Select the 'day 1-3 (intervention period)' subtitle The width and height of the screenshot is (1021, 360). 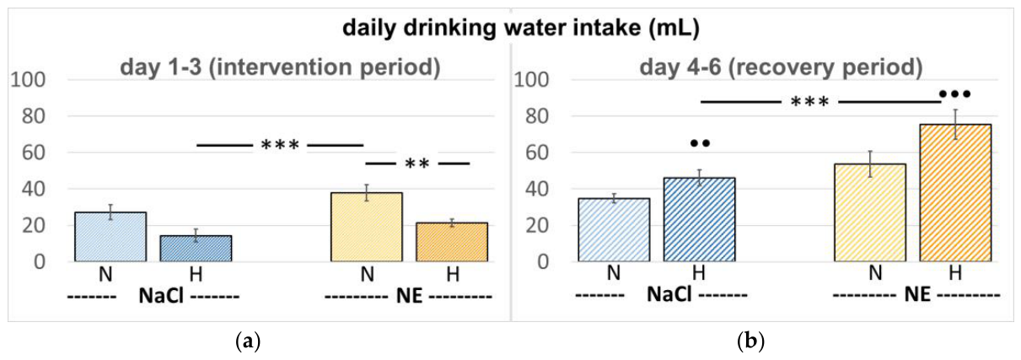point(280,67)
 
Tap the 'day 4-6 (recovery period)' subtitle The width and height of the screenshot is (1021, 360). point(781,67)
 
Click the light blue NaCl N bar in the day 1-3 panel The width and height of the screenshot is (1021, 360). point(110,237)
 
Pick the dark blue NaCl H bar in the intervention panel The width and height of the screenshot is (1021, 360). point(196,249)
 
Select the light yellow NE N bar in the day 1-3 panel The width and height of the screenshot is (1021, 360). point(367,227)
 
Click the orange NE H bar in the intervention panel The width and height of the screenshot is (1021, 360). point(452,242)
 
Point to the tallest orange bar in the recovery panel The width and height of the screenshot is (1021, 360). point(955,193)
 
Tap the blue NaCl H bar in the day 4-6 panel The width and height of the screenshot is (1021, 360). point(699,220)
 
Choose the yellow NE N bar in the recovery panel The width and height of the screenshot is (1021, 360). point(870,212)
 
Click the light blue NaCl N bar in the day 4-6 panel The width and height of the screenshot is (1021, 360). point(614,229)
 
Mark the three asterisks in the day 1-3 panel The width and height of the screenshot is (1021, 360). point(280,145)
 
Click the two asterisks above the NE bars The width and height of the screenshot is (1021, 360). point(417,164)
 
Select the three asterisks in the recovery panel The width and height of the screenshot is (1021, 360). point(809,101)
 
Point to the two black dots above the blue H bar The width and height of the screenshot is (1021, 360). point(700,143)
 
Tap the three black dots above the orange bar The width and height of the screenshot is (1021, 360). point(955,94)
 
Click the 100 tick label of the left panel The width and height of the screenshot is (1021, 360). point(29,80)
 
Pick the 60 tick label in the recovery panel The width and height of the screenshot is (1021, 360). point(537,153)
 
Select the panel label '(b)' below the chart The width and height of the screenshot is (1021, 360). point(750,341)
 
